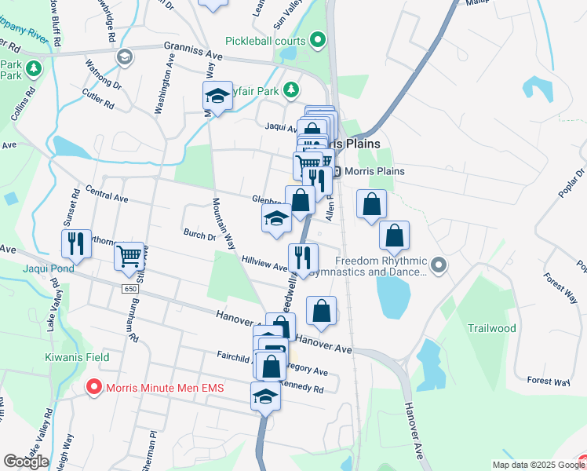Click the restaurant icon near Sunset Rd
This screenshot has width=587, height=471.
tap(76, 243)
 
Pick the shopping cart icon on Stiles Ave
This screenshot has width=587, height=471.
tap(129, 256)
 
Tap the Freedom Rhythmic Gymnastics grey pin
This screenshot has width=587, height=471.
tap(439, 267)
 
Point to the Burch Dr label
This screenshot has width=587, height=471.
tap(199, 234)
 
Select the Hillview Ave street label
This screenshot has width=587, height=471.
tap(264, 262)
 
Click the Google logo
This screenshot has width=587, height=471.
tap(26, 462)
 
